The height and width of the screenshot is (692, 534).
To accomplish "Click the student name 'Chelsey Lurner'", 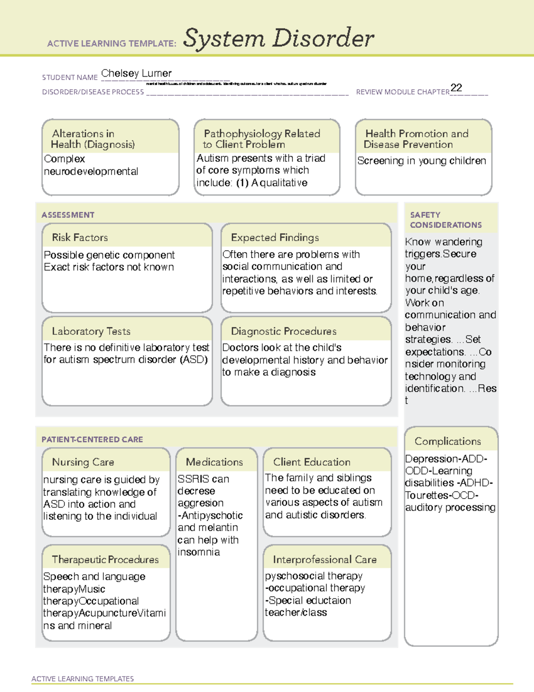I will coord(136,74).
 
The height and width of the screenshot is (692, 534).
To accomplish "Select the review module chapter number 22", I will coord(456,88).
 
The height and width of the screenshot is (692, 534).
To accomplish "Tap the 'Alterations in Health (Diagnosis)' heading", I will coord(93,139).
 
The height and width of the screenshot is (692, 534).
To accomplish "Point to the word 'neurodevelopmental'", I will coord(91,172).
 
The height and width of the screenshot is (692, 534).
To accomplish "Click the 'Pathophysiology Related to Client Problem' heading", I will coord(262,139).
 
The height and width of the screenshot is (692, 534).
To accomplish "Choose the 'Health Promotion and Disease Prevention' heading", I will coord(417,139).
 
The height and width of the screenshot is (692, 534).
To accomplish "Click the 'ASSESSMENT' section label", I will coord(68,215).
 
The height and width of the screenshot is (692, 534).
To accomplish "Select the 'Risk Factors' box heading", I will coord(80,237).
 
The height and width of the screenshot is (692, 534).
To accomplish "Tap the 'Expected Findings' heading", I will coord(275,237).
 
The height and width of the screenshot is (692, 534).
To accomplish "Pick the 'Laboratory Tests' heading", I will coord(91,331).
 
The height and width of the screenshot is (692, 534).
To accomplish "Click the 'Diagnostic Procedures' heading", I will coord(283,331).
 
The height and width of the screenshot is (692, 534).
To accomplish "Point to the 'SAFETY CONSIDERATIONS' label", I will coord(445,220).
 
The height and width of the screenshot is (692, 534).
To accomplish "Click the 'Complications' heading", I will coord(448,441).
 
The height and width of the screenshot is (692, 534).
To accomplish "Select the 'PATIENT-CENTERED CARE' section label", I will coord(92,439).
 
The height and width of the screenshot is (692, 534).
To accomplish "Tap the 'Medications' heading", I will coord(214,462).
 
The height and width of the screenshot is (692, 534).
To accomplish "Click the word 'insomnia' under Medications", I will coord(198,552).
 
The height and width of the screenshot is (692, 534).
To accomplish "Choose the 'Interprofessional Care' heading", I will coord(325,560).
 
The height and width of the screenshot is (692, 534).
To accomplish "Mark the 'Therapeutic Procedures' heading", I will coord(105,560).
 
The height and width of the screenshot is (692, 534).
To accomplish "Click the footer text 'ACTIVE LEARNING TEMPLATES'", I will coord(83,679).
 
